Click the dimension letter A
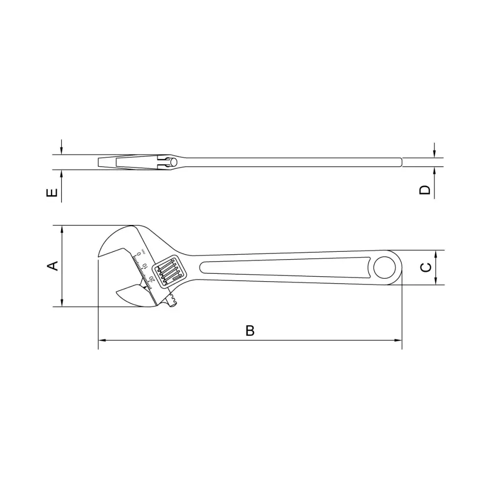pyautogui.click(x=53, y=266)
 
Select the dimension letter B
pyautogui.click(x=250, y=331)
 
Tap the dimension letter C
pyautogui.click(x=426, y=267)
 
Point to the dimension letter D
pyautogui.click(x=425, y=190)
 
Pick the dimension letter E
pyautogui.click(x=52, y=193)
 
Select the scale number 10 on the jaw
pyautogui.click(x=145, y=266)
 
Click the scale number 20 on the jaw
pyautogui.click(x=152, y=279)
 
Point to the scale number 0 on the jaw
pyautogui.click(x=139, y=255)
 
